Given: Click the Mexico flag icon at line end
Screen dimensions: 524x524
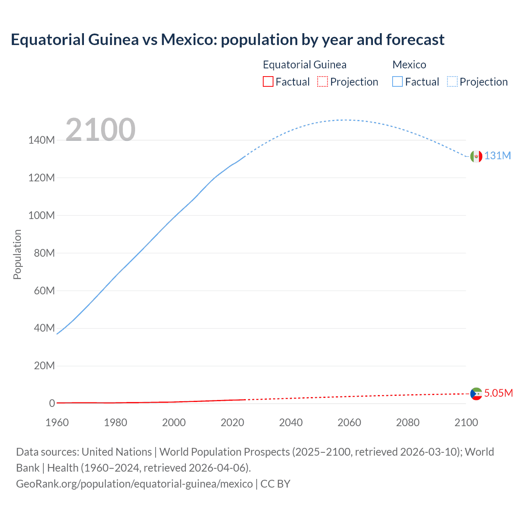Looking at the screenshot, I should (476, 156).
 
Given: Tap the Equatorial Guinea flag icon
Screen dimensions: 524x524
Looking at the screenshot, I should (476, 394).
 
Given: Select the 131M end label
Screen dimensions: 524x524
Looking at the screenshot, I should (498, 156).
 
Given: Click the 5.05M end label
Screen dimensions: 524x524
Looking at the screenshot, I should (498, 393).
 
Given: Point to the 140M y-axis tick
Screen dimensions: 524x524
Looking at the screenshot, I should (41, 140).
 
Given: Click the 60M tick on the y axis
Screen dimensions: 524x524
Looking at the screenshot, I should (44, 291).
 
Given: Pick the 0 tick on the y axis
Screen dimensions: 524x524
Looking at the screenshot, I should (52, 404).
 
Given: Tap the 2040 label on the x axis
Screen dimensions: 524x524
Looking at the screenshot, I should (291, 422).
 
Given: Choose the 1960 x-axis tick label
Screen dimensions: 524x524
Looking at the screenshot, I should (57, 422).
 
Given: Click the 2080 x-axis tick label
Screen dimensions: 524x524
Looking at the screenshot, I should (408, 422).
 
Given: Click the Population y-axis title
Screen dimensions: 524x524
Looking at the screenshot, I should (17, 255).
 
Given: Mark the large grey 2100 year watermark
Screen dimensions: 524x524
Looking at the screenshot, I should (100, 130).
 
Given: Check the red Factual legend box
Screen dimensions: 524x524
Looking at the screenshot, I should (268, 81).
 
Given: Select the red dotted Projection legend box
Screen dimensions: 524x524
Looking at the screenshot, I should (323, 81).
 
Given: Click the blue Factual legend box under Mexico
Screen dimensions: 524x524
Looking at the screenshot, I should (398, 81).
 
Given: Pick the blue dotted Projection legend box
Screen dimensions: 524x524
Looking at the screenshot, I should (452, 81).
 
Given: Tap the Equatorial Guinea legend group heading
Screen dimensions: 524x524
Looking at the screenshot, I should (305, 65).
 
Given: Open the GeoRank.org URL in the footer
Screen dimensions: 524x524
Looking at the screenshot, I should (134, 484).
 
